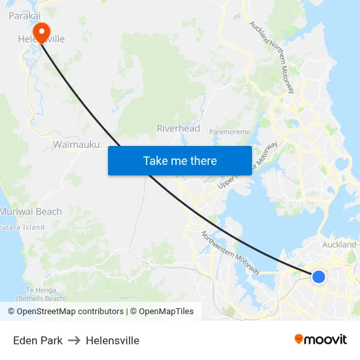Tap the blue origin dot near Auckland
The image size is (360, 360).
pyautogui.click(x=319, y=277)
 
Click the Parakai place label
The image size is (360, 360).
pyautogui.click(x=24, y=15)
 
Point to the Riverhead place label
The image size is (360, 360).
pyautogui.click(x=178, y=128)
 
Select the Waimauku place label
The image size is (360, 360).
pyautogui.click(x=77, y=144)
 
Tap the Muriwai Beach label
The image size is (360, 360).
pyautogui.click(x=31, y=211)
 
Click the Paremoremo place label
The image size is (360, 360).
pyautogui.click(x=230, y=132)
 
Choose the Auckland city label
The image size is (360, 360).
pyautogui.click(x=339, y=245)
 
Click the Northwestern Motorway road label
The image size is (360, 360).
pyautogui.click(x=230, y=253)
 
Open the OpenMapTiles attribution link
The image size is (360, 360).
pyautogui.click(x=162, y=312)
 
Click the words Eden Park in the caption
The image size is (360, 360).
pyautogui.click(x=38, y=340)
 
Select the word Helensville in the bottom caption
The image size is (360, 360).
pyautogui.click(x=113, y=340)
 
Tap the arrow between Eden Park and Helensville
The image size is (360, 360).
pyautogui.click(x=74, y=340)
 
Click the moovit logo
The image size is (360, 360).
pyautogui.click(x=320, y=339)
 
